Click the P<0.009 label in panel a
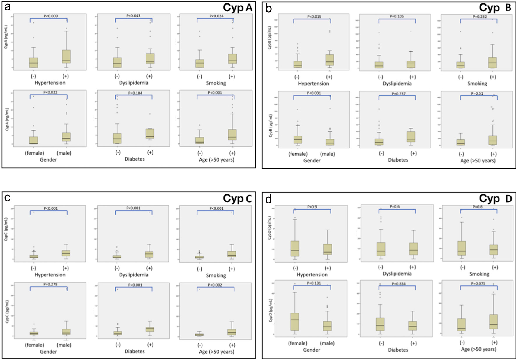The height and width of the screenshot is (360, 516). pos(51,16)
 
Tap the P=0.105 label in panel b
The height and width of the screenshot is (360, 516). pos(397,16)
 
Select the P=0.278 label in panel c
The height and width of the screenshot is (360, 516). pos(50,284)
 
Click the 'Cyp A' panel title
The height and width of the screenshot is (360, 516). pos(237,8)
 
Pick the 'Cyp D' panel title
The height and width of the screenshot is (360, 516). pos(495,199)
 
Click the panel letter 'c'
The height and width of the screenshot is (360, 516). pos(7,198)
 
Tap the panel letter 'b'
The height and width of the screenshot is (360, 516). pos(268,9)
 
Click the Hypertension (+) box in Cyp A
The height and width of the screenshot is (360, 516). pos(66,56)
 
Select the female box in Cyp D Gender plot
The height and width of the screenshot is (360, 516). pos(295,322)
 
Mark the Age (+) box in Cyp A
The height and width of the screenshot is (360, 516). pos(232,134)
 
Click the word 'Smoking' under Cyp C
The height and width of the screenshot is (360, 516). pos(216,275)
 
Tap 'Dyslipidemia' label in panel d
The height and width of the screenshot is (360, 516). pos(397,274)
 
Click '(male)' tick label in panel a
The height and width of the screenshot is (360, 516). pos(64,153)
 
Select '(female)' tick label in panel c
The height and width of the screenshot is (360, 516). pos(34,345)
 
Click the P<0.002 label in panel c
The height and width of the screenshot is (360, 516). pos(215,285)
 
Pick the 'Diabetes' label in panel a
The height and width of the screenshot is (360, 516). pos(135,159)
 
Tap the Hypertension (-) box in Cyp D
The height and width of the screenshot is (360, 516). pos(295,249)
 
